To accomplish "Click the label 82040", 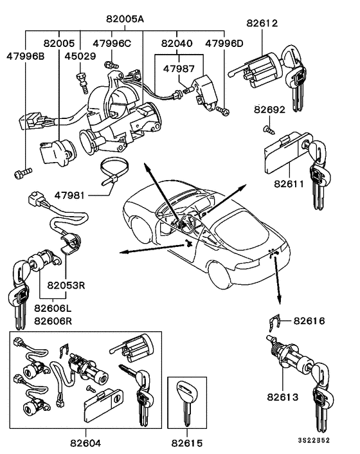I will coord(175,43).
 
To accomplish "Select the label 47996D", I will coord(224,43).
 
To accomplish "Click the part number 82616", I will coord(309,320).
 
